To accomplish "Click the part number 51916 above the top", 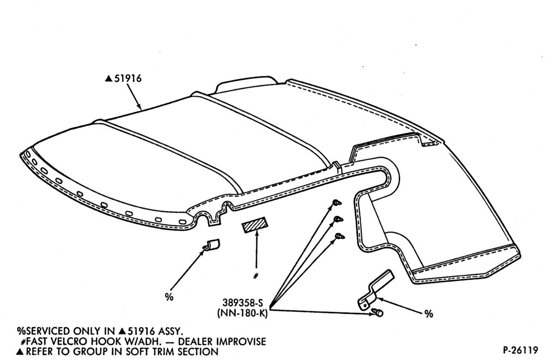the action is [x=128, y=79].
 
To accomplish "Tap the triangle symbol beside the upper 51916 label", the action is [x=109, y=79].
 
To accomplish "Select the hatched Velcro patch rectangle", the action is [x=254, y=225].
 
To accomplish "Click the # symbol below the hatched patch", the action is [x=256, y=276].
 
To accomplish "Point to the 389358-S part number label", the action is [x=243, y=302].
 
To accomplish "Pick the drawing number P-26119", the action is [x=520, y=349].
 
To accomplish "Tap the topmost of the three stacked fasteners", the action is [x=337, y=202].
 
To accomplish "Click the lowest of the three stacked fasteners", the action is [x=340, y=237].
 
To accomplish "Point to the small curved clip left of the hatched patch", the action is [x=211, y=245].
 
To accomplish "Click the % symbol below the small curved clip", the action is [x=169, y=297].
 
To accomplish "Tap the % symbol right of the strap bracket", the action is [x=428, y=314].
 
